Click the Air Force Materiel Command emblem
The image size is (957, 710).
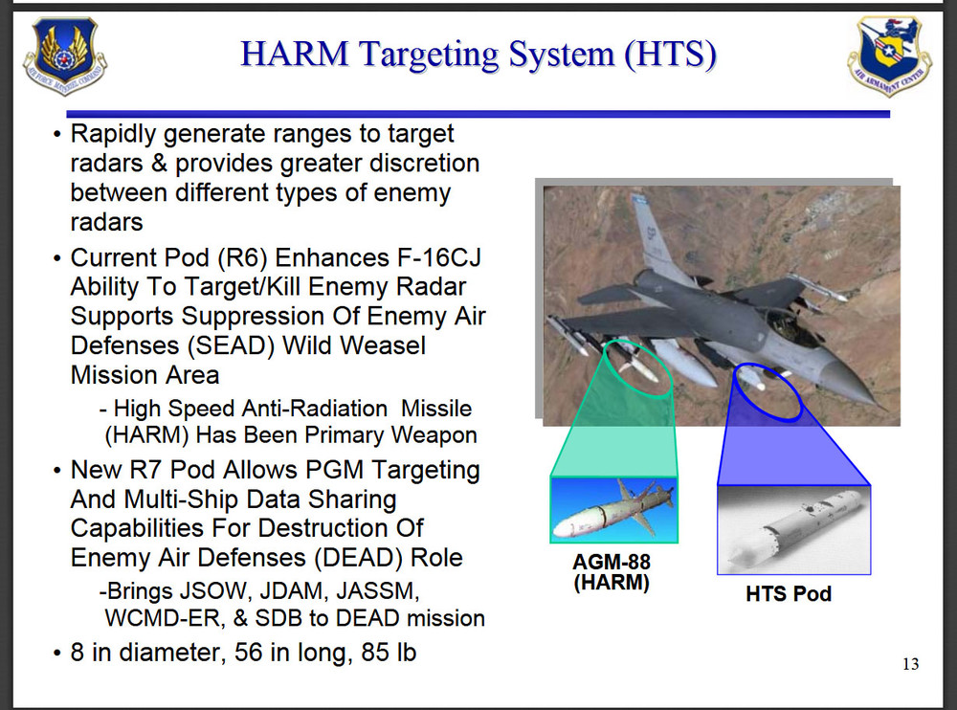point(65,55)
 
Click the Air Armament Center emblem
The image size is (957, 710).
point(889,55)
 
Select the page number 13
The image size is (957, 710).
point(911,664)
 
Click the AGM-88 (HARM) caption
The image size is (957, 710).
point(612,572)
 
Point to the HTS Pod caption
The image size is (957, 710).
point(789,594)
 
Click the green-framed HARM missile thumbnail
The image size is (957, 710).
point(614,510)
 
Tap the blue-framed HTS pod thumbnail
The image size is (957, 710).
point(794,530)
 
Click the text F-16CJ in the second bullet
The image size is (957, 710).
point(439,257)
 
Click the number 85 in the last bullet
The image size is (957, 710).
point(373,652)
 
